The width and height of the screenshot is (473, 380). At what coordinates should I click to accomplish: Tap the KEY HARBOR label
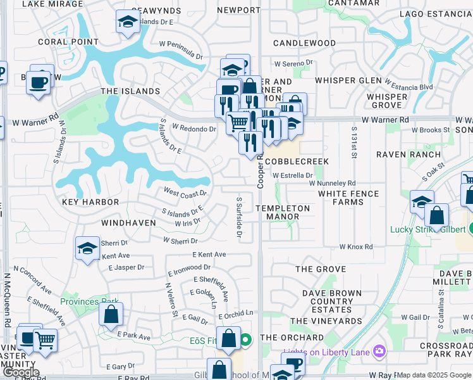90,202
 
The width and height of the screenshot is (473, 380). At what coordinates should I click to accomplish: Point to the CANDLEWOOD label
304,43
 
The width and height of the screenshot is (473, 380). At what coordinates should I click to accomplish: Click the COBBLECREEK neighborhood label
297,161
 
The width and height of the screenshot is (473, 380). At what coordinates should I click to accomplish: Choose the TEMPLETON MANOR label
283,212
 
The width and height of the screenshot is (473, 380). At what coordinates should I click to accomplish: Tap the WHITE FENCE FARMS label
348,198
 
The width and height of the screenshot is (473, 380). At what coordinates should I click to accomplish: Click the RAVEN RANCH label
408,155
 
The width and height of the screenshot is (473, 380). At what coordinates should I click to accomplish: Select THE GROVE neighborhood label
321,269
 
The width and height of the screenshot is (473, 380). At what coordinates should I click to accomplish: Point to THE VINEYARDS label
326,321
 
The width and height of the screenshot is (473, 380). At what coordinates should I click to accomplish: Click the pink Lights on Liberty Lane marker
379,350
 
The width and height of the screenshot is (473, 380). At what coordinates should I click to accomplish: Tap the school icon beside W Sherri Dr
88,249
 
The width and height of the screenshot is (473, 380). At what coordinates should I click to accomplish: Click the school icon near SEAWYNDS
128,23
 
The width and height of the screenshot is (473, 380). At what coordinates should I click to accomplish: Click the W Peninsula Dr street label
181,50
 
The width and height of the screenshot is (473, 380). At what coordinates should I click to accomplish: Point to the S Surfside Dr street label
240,217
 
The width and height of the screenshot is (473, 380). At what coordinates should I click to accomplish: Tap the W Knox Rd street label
355,247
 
